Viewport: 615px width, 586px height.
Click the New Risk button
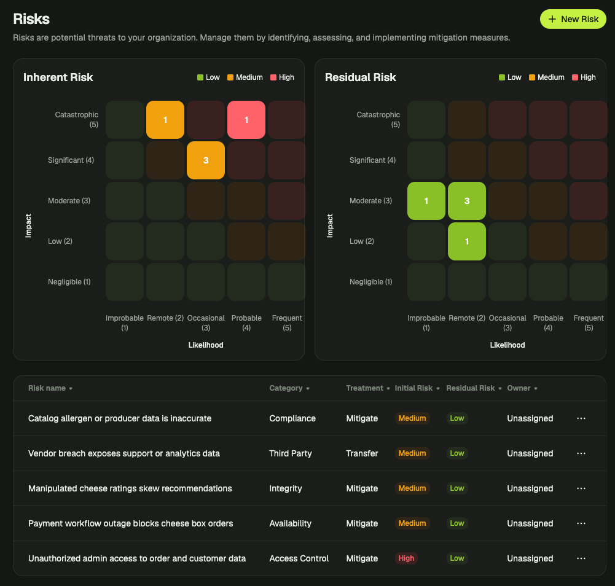point(573,19)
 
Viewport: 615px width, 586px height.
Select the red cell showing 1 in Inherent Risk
point(246,120)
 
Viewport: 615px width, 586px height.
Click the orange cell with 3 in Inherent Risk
point(206,160)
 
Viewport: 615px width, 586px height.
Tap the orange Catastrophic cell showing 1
point(165,120)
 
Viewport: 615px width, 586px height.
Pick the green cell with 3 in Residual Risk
point(467,201)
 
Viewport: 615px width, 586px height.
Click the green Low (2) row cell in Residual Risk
point(467,241)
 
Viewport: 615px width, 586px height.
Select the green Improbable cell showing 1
point(426,201)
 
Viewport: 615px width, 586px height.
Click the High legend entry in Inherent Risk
point(283,77)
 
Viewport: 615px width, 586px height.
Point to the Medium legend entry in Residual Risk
point(547,77)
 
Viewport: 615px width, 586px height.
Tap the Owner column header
point(522,388)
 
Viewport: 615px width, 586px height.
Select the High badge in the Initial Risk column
point(406,558)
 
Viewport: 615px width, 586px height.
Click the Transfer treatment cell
point(362,453)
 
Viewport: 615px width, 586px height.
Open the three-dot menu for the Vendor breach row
point(581,453)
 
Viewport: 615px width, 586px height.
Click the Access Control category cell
point(299,558)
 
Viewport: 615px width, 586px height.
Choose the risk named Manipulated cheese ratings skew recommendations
point(130,488)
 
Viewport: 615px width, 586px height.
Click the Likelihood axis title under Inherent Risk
point(206,345)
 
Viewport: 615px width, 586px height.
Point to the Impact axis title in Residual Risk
point(330,225)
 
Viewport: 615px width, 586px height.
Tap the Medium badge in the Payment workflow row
point(412,523)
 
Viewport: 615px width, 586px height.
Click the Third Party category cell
point(291,453)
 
